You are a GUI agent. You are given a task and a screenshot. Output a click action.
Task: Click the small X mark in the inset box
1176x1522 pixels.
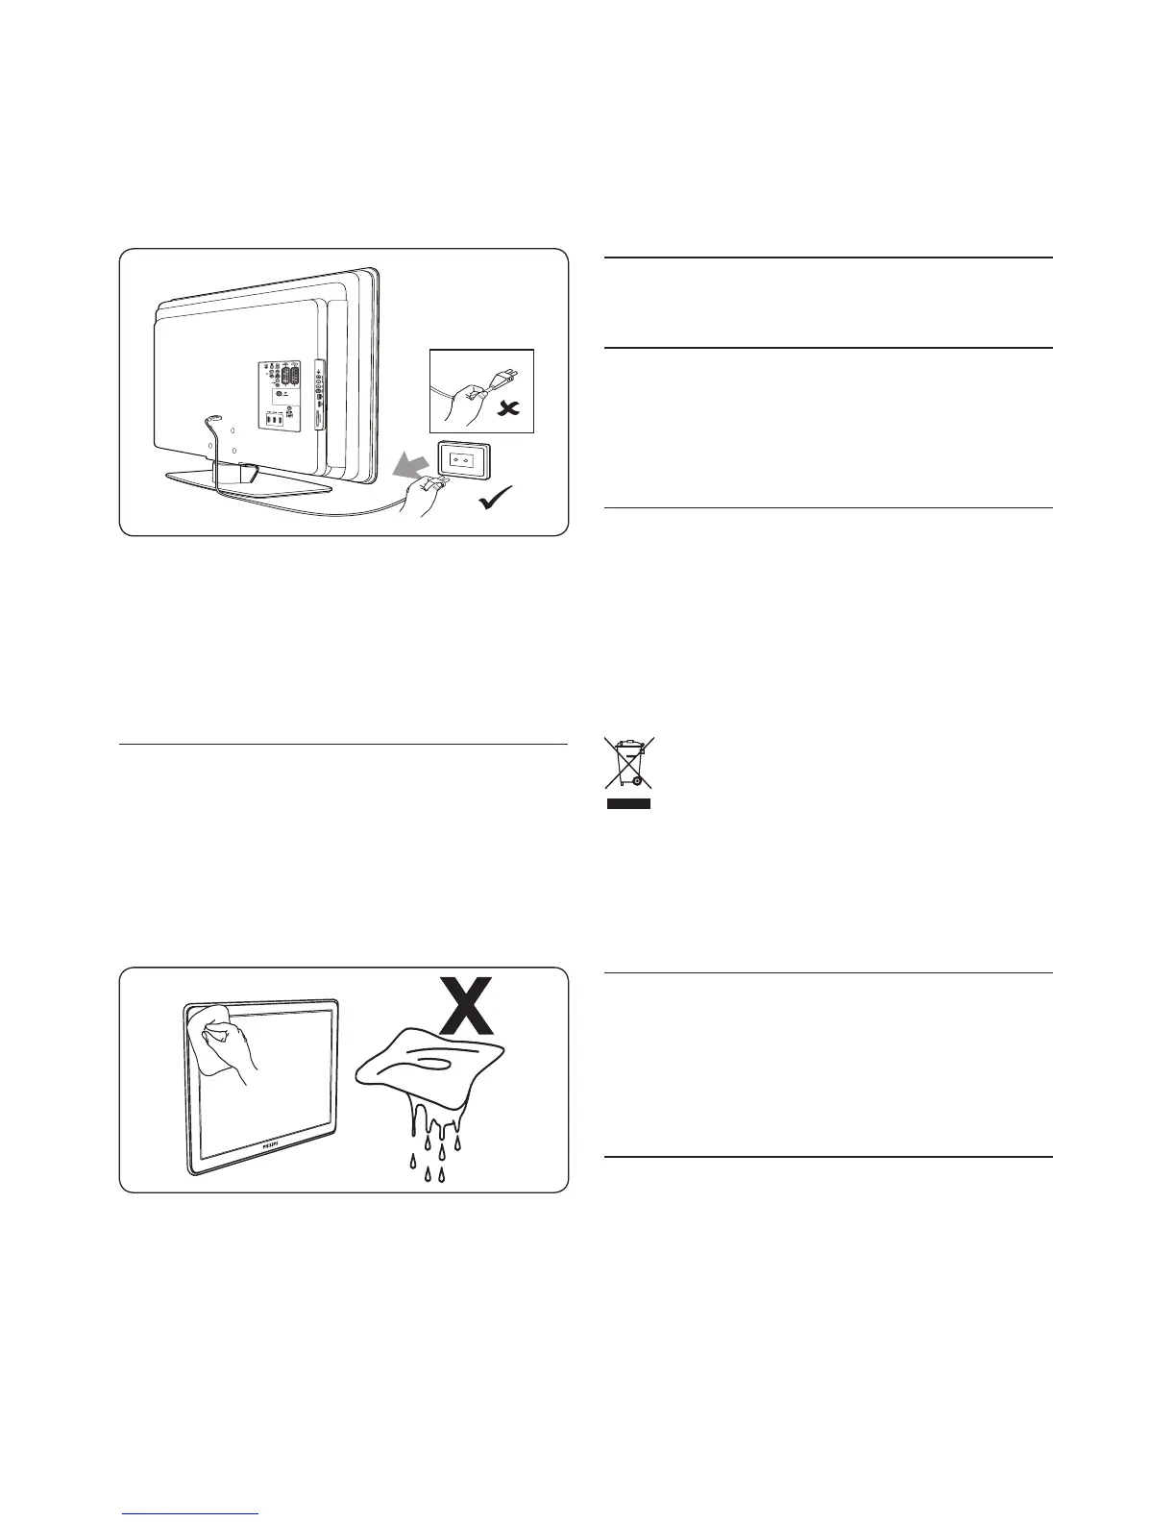click(x=508, y=409)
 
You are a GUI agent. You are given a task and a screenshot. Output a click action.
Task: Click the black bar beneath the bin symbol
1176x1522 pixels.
click(x=628, y=802)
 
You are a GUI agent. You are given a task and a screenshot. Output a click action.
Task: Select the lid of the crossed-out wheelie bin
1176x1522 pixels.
click(x=627, y=745)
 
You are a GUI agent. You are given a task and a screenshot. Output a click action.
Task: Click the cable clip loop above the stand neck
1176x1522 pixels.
click(x=213, y=418)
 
